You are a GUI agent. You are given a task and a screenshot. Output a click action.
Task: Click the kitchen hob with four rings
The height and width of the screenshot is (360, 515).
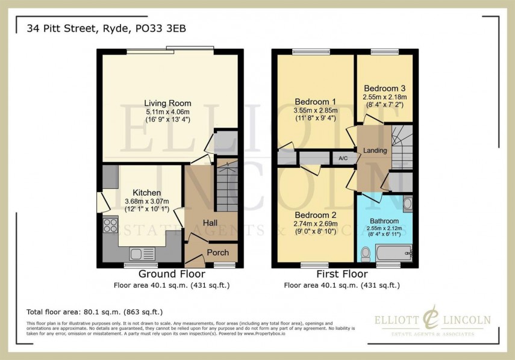tap(111, 225)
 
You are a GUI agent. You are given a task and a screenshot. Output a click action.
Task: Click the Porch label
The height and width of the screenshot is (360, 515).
tap(217, 253)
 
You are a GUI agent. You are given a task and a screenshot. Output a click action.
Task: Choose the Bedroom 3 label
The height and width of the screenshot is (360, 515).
tap(384, 88)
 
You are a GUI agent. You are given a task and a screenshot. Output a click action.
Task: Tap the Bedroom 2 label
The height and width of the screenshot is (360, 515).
tap(315, 214)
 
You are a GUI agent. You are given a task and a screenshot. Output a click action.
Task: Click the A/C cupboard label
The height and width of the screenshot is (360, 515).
tap(343, 158)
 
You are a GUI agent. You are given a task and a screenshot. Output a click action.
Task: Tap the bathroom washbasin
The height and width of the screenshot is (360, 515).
tap(408, 203)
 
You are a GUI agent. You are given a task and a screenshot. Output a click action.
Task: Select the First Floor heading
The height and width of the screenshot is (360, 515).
tap(341, 274)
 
